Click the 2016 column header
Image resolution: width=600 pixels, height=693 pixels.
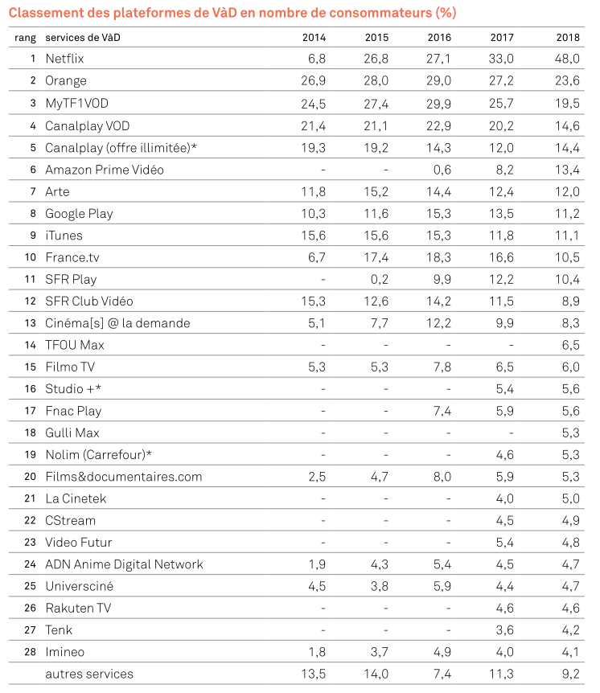(x=439, y=38)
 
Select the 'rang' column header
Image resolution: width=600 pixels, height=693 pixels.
(x=25, y=38)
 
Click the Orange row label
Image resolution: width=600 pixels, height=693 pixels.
(x=66, y=81)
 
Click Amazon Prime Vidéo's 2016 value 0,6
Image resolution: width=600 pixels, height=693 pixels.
(x=442, y=170)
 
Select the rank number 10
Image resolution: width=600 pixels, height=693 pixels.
(x=31, y=257)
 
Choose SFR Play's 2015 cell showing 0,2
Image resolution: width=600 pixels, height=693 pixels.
(x=379, y=279)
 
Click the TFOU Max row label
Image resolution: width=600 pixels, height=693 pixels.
(x=75, y=345)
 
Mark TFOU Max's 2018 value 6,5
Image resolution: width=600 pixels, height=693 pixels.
(x=569, y=345)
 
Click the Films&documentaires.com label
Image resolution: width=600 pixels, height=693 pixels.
(x=124, y=477)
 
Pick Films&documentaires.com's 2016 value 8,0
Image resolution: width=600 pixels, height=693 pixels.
(x=442, y=477)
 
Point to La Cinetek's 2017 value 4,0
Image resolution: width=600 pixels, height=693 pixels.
(x=504, y=498)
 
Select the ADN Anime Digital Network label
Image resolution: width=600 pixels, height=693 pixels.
(x=124, y=564)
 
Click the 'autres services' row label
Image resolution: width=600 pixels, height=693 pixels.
(x=89, y=674)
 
